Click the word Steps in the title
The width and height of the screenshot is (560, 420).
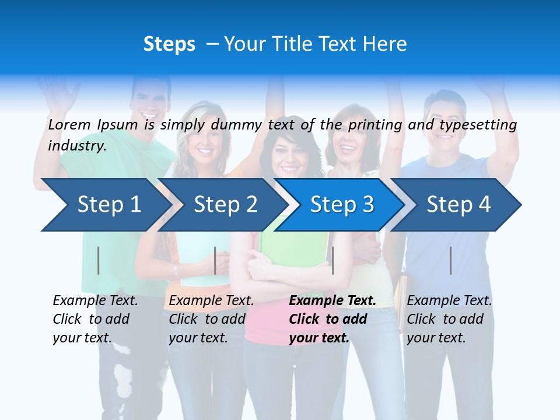point(169,44)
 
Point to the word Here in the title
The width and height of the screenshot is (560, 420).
point(384,44)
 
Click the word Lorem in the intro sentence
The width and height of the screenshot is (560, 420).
point(68,124)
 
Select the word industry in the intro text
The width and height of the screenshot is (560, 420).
point(76,145)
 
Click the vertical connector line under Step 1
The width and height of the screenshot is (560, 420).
point(99,260)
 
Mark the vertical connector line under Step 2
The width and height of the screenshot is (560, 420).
point(215,260)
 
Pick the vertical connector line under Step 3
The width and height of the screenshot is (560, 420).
point(332,260)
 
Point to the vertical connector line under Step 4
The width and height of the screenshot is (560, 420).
point(451,260)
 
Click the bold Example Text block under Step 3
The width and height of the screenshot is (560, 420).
point(332,319)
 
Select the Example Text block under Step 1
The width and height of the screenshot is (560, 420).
point(95,319)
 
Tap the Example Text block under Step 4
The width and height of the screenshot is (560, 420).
point(449,319)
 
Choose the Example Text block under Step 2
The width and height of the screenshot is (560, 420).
point(211,319)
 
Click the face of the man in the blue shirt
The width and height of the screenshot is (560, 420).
point(444,117)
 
